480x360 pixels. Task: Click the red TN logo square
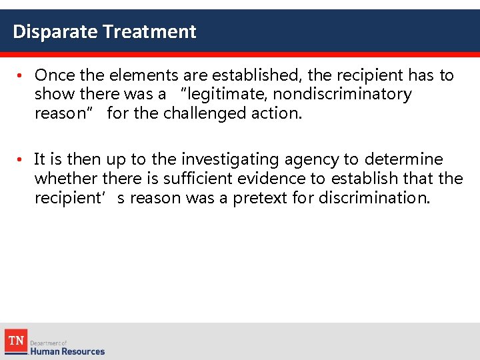tap(15, 341)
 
